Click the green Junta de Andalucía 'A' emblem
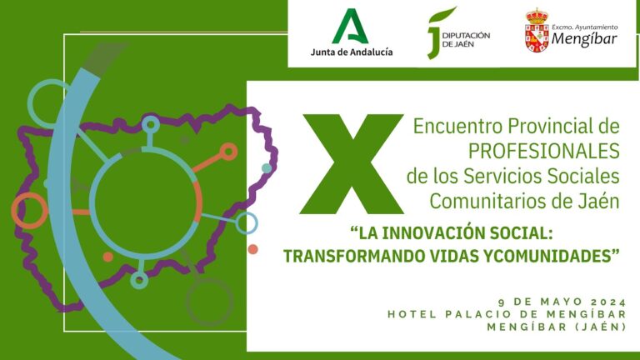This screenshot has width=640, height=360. pos(350,27)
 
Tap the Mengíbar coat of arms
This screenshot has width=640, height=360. pos(537,30)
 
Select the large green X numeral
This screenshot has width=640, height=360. pos(352,164)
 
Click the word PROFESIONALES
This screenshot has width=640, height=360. pos(543,151)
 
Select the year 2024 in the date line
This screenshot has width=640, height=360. pos(608,302)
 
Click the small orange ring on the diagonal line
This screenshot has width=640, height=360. pos(228,152)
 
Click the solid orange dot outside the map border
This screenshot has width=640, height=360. pos(253,249)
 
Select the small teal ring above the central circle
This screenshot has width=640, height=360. pos(150,124)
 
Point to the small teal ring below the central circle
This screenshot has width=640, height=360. pos(139,280)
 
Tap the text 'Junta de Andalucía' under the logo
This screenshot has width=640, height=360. pos(352,52)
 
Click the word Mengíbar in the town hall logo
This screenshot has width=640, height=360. pos(584,39)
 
